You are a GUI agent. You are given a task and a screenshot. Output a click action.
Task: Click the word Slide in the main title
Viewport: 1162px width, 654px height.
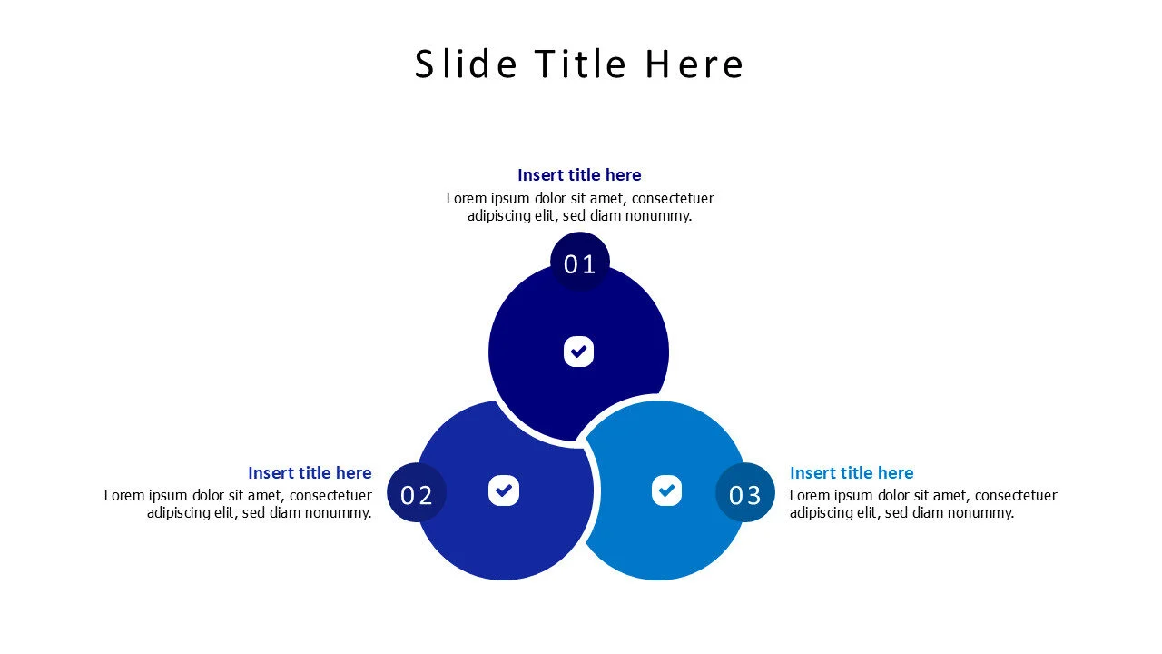(466, 64)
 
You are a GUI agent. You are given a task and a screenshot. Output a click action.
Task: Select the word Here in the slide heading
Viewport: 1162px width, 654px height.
(694, 64)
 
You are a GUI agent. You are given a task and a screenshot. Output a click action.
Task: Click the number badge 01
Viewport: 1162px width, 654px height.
(579, 263)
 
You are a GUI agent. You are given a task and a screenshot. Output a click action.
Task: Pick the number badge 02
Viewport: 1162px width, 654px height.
(417, 494)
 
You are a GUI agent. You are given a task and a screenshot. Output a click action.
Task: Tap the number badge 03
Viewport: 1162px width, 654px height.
(744, 494)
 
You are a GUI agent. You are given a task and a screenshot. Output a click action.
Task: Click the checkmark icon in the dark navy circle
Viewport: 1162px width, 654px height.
(578, 352)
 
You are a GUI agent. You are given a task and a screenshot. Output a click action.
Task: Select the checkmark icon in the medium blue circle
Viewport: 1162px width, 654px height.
(504, 490)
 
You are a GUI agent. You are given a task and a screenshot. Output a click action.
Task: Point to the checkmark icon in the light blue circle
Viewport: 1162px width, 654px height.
(666, 490)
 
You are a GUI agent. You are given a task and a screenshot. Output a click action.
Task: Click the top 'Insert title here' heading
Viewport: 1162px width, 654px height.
(579, 175)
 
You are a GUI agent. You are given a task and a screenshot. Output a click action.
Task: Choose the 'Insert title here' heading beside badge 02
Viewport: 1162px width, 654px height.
(310, 473)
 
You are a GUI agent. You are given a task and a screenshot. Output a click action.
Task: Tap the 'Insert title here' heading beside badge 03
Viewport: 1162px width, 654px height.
(852, 473)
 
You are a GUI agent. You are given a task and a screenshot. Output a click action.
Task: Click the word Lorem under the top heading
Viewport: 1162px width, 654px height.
(467, 198)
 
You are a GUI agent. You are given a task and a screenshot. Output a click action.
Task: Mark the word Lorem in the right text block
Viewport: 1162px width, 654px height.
(810, 496)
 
